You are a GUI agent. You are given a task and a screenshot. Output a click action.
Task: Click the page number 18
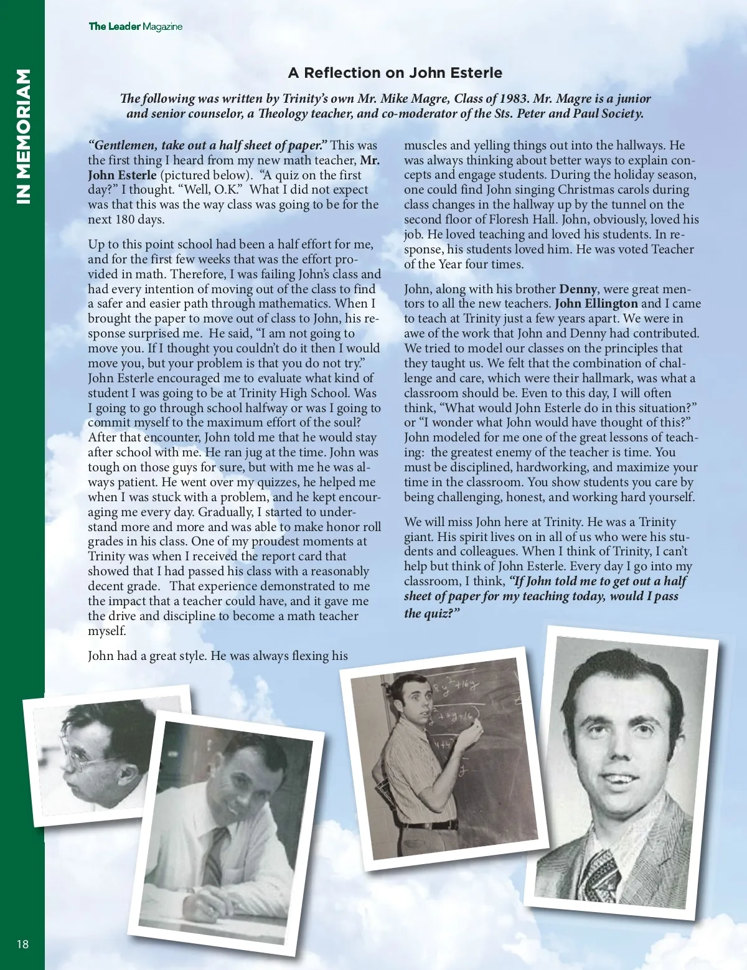(22, 944)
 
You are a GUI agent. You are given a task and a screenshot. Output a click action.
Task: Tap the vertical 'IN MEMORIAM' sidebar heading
(22, 136)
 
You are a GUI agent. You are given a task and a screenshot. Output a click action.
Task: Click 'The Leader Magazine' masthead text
(136, 26)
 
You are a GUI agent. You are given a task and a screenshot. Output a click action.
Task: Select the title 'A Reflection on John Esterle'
(395, 73)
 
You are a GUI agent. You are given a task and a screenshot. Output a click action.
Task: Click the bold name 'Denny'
(578, 289)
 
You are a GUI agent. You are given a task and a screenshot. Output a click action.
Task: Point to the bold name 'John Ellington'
(596, 304)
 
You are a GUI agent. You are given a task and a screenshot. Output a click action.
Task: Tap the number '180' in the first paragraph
(127, 220)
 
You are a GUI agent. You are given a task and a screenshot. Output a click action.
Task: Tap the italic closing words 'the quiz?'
(432, 613)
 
